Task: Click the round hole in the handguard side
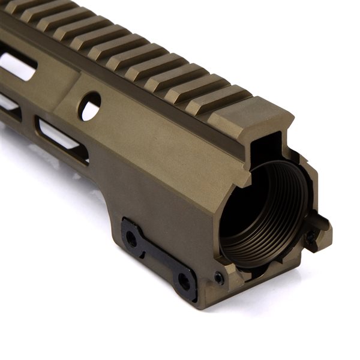click(91, 106)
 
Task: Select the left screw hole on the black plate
click(131, 239)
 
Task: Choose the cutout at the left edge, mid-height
click(8, 102)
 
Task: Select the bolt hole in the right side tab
click(311, 236)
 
